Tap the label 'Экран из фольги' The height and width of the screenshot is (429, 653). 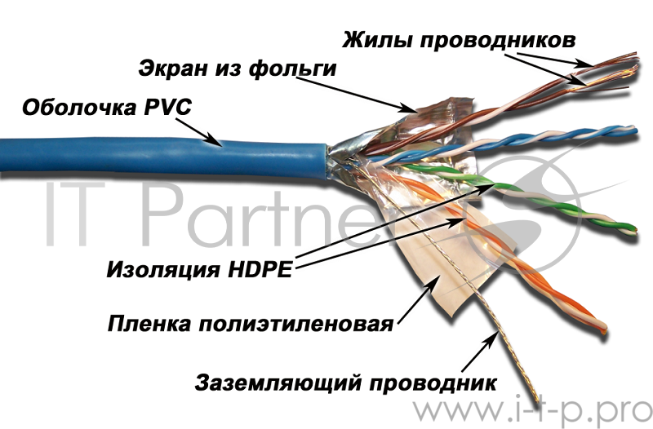point(238,69)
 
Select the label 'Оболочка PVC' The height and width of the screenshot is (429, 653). point(107,108)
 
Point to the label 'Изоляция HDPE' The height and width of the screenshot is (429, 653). point(199,270)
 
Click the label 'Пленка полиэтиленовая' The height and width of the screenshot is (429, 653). point(251,324)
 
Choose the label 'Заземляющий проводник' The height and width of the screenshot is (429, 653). point(345,383)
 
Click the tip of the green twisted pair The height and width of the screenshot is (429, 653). point(635,229)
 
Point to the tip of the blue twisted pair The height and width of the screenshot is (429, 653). point(635,130)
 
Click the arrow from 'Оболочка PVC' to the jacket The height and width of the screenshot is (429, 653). point(198,132)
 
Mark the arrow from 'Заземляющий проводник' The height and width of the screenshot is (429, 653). point(480,352)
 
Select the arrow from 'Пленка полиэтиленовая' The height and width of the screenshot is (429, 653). point(418,299)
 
